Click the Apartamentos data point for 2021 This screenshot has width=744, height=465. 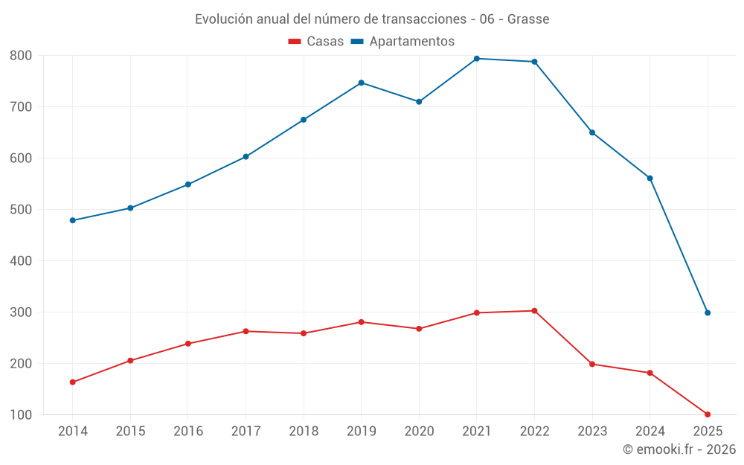tap(477, 59)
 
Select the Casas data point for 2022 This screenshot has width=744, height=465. tap(534, 311)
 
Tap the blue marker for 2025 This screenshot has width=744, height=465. tap(708, 313)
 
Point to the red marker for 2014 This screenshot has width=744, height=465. tap(73, 382)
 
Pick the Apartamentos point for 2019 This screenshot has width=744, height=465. tap(362, 83)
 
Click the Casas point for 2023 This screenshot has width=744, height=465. tap(592, 364)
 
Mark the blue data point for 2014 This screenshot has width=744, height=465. tap(73, 220)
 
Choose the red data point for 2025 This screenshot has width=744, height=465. tap(708, 414)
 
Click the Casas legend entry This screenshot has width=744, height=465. tap(316, 42)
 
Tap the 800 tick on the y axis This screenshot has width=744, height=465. tap(21, 56)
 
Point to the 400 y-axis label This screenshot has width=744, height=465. tap(21, 261)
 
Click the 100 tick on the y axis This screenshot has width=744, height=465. tap(21, 415)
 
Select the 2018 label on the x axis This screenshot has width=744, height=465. tap(304, 432)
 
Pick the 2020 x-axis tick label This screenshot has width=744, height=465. tap(419, 432)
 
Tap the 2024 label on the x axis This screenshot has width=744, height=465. tap(650, 432)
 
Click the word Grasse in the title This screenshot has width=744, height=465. tap(528, 19)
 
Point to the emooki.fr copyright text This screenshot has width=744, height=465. tap(679, 449)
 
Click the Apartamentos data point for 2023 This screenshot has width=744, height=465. tap(592, 132)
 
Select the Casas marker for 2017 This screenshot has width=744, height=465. tap(246, 331)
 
